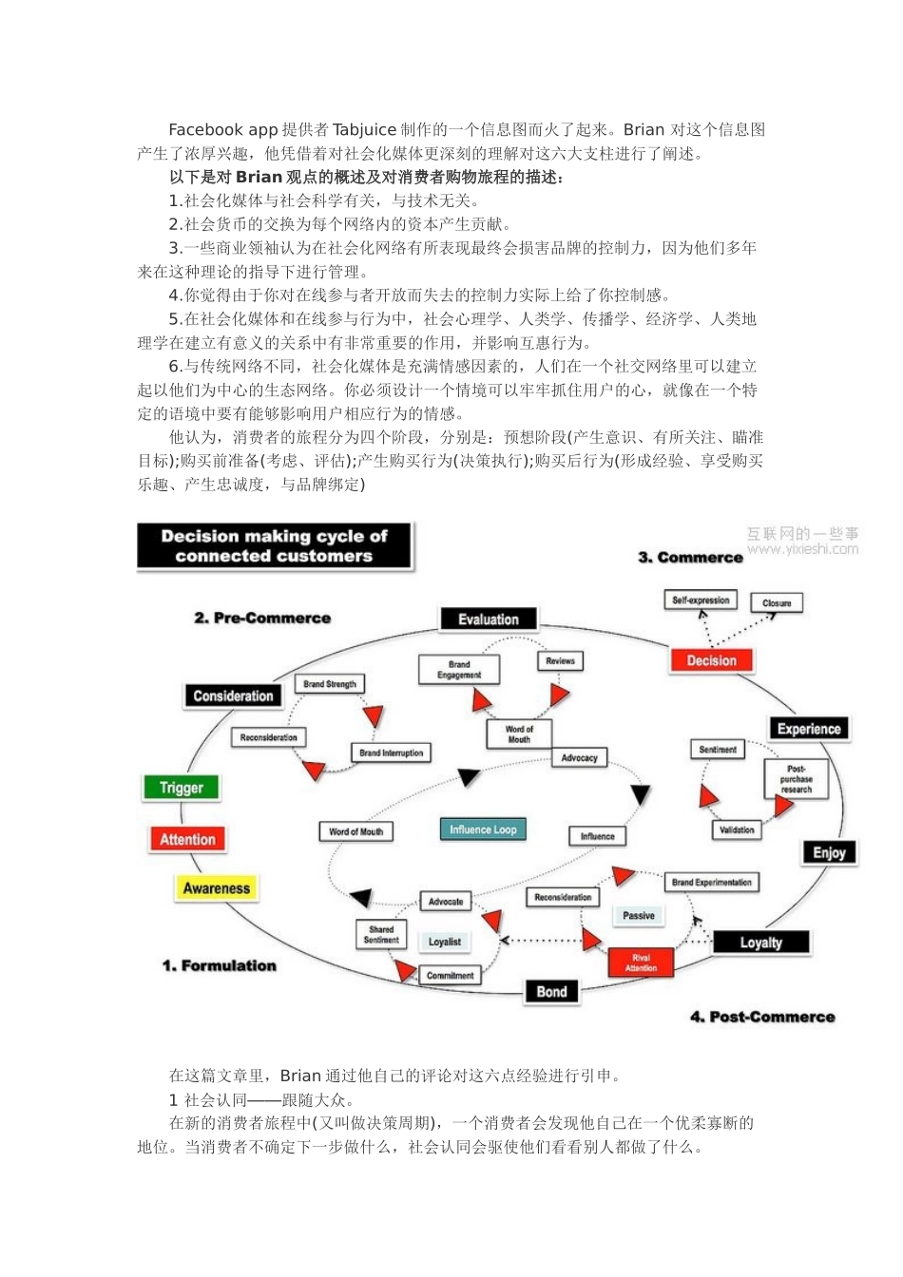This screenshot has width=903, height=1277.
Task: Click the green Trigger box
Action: click(x=182, y=788)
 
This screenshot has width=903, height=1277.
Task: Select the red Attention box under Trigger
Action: click(x=187, y=839)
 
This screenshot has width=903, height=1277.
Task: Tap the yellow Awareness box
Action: click(x=217, y=888)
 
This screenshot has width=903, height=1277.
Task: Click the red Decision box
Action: click(x=711, y=660)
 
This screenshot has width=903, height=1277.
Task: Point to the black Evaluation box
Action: click(x=489, y=619)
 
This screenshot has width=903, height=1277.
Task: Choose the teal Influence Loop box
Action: click(x=483, y=829)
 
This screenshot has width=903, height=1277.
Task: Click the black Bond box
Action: click(x=551, y=992)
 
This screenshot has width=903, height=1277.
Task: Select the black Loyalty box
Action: click(x=761, y=943)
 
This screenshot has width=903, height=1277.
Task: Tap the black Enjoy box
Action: click(x=829, y=852)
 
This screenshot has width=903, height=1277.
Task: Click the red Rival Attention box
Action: click(x=641, y=963)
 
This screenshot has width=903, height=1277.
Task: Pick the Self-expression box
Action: click(x=701, y=600)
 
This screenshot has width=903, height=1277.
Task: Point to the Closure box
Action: click(x=777, y=603)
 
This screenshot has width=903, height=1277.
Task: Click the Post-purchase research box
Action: click(x=797, y=779)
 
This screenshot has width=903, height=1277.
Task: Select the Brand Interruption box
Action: click(x=392, y=753)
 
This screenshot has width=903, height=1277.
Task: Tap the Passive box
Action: click(x=639, y=915)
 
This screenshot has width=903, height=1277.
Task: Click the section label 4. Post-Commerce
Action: click(x=762, y=1017)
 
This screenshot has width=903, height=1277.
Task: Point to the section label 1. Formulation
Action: click(x=219, y=965)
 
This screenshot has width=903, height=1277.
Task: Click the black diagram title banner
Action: click(x=275, y=546)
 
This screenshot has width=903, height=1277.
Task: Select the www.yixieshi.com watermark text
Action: click(x=802, y=549)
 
